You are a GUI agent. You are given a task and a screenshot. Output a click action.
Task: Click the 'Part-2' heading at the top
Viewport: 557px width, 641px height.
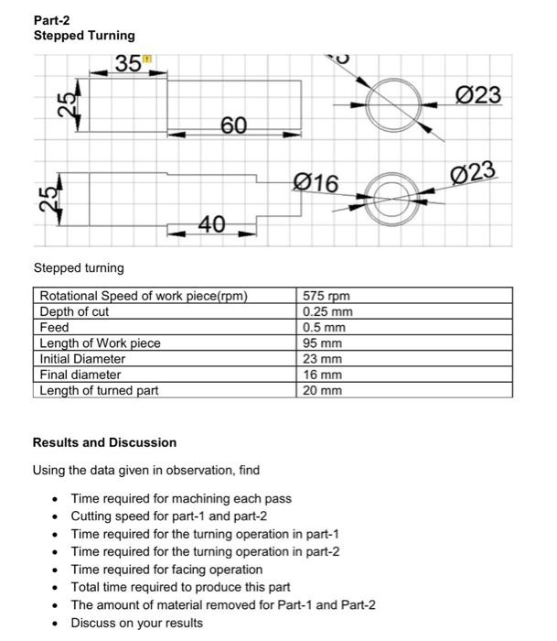[x=53, y=20]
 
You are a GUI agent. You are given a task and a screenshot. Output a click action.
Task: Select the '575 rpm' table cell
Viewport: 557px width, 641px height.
[x=327, y=296]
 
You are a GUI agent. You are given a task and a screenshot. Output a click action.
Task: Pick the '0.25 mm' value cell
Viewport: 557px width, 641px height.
[x=327, y=311]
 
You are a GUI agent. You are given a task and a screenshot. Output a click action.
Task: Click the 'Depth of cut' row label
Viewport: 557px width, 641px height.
[x=74, y=311]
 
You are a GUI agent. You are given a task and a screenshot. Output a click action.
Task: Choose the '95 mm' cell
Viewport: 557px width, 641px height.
[x=322, y=342]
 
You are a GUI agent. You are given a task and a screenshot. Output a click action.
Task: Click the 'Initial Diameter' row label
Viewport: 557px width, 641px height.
[x=82, y=359]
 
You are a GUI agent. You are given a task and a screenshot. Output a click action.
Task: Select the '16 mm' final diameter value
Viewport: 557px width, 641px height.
[x=322, y=375]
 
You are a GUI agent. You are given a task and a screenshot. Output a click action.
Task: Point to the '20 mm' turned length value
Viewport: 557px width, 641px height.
[x=322, y=390]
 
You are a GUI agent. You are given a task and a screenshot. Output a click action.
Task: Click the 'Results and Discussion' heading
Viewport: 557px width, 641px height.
[x=104, y=442]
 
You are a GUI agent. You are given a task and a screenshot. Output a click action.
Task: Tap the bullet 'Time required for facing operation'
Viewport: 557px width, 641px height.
[x=166, y=570]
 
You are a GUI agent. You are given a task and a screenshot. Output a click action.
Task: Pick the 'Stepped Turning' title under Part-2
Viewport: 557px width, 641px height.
[x=84, y=36]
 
